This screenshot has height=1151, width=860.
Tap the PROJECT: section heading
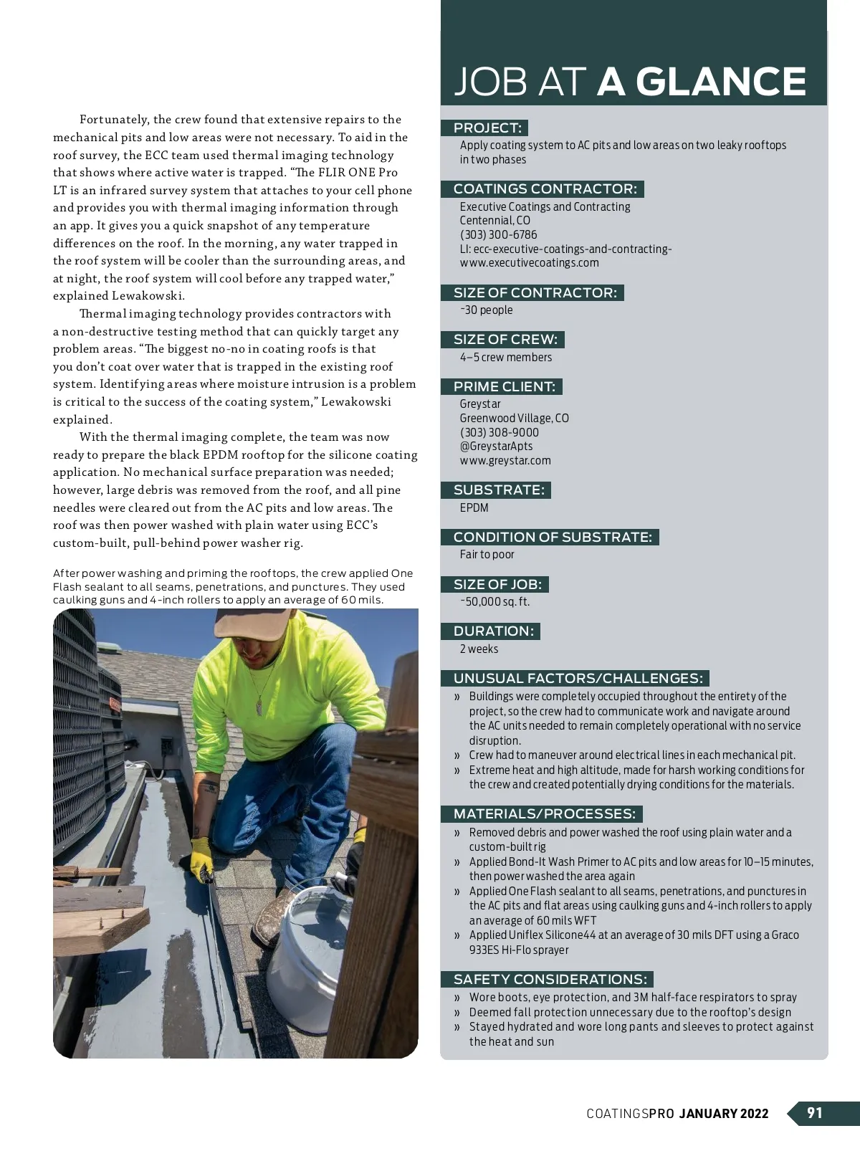(487, 128)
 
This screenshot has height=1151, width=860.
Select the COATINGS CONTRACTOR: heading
(545, 189)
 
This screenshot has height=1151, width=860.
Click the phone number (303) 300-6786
(498, 234)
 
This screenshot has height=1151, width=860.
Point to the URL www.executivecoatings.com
(529, 262)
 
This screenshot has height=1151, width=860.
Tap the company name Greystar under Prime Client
(480, 403)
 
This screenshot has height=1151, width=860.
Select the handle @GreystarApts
(496, 446)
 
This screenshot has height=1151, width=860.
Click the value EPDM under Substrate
(474, 507)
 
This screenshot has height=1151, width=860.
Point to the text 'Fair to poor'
(487, 554)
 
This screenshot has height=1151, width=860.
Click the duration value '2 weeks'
(479, 649)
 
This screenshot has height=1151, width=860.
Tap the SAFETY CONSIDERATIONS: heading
(550, 979)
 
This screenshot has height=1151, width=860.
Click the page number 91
(815, 1112)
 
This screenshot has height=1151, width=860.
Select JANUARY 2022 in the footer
(723, 1113)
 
